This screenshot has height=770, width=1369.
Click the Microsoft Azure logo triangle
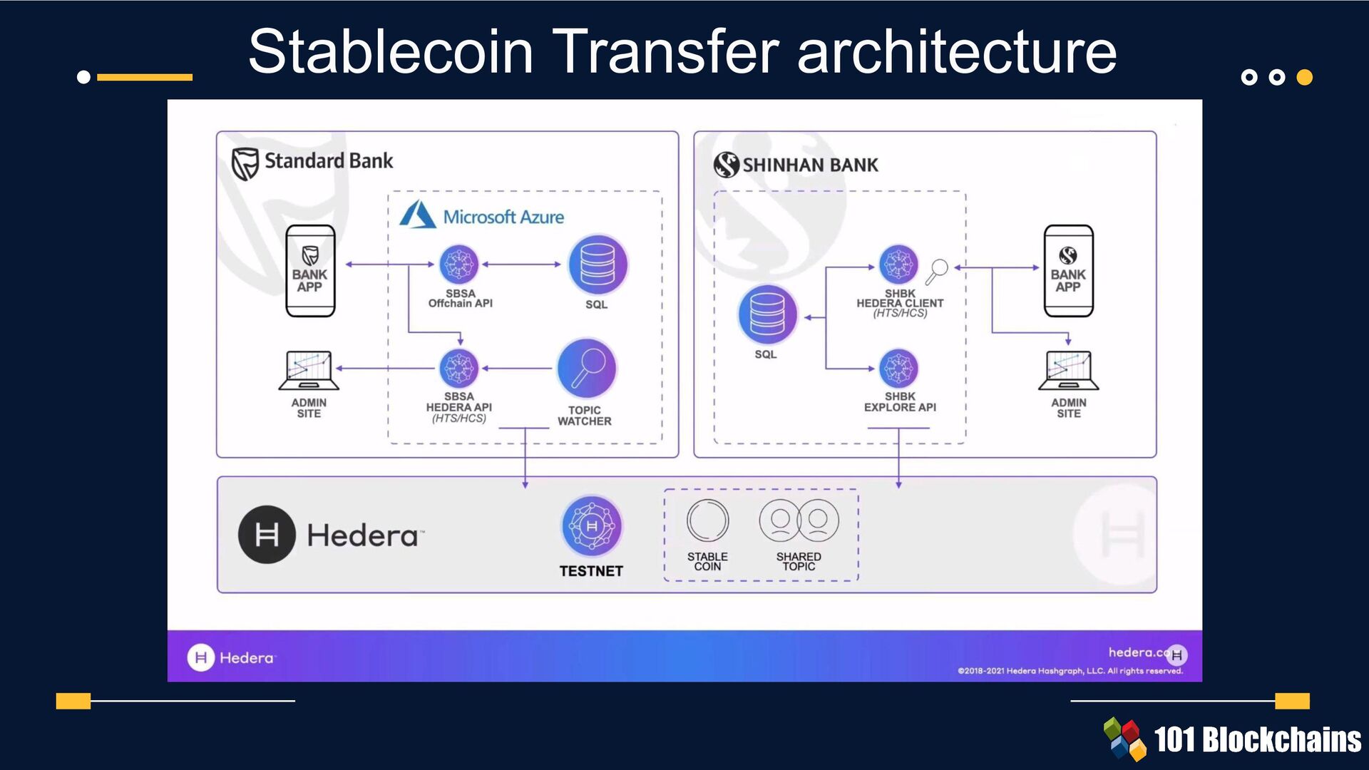(x=418, y=215)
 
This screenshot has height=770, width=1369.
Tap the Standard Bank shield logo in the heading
(x=245, y=163)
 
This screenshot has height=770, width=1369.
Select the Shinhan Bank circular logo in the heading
(x=726, y=165)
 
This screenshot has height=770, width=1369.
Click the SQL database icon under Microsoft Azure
(x=598, y=265)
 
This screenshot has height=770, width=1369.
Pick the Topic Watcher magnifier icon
(x=586, y=369)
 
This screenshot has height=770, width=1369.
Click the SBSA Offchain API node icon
(x=458, y=265)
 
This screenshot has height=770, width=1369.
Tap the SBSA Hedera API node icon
(x=458, y=369)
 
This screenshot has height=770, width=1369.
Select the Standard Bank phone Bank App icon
(x=310, y=271)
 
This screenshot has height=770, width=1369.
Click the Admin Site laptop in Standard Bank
(x=309, y=370)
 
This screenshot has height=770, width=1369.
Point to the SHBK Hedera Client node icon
(x=898, y=265)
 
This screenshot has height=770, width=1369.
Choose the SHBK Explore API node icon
(x=898, y=369)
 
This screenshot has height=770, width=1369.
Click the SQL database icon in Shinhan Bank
(x=767, y=314)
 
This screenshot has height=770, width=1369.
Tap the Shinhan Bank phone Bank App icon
(x=1068, y=271)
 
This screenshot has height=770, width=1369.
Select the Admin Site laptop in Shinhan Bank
(x=1068, y=370)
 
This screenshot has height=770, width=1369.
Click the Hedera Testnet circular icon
(x=591, y=526)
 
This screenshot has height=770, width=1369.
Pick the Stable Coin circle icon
(x=707, y=520)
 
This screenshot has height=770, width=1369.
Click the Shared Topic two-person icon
(x=799, y=520)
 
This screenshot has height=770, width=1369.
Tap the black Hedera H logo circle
(x=267, y=535)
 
